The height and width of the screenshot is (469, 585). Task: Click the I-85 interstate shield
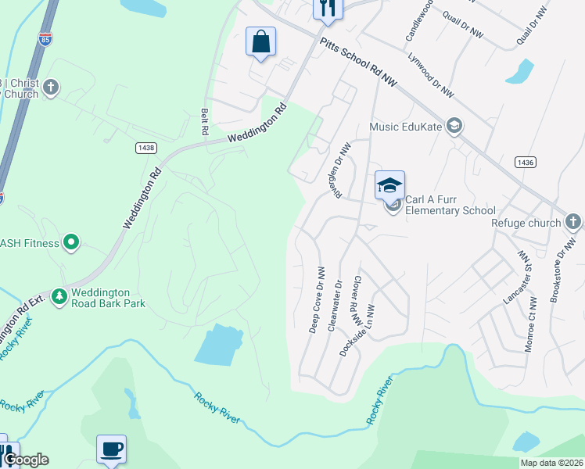point(47,39)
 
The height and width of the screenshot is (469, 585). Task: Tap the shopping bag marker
point(260,41)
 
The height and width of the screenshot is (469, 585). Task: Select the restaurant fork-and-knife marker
point(328,8)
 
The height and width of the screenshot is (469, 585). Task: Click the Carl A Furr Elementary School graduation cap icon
point(389,185)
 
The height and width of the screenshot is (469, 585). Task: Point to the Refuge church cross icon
point(573,222)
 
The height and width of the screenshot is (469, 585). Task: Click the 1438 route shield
point(145,147)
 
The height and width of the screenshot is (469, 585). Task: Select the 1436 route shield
point(525,162)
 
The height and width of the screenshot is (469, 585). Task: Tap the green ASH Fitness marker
point(71,242)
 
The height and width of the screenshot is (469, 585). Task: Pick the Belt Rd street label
point(205,120)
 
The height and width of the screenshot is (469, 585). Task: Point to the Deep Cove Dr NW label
point(317,300)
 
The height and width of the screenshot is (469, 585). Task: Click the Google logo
point(25,460)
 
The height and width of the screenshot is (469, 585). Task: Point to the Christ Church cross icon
point(51,86)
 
